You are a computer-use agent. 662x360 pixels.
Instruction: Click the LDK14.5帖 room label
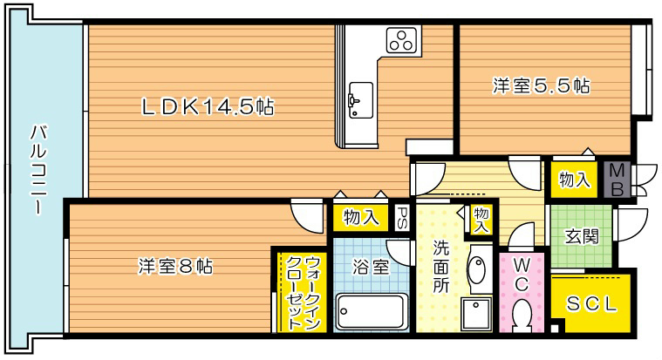pos(208,107)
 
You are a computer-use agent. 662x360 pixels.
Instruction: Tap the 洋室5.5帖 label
pos(541,86)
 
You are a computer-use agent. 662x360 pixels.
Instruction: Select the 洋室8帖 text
pos(174,265)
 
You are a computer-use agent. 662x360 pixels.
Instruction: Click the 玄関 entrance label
pos(579,236)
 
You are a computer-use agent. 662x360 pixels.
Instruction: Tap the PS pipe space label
pos(402,215)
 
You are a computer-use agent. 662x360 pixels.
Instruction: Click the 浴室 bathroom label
pos(368,266)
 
